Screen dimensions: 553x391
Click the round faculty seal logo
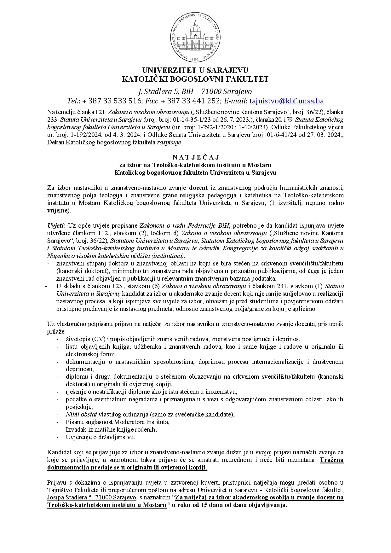[x=195, y=37]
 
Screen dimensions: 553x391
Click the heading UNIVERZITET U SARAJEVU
[x=195, y=70]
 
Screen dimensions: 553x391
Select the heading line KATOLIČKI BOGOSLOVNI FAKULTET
[x=195, y=79]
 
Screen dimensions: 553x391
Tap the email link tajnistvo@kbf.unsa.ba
[x=286, y=101]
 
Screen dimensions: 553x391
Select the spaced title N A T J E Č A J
[x=195, y=157]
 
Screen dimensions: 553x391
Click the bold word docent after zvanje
[x=198, y=188]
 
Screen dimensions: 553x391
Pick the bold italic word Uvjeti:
[x=56, y=226]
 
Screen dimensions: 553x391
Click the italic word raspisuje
[x=169, y=143]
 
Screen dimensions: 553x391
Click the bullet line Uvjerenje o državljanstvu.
[x=100, y=437]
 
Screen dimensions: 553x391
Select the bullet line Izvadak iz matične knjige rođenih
[x=111, y=429]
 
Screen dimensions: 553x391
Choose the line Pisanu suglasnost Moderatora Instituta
[x=118, y=422]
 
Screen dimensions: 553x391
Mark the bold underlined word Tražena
[x=331, y=460]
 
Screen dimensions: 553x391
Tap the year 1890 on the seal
[x=195, y=59]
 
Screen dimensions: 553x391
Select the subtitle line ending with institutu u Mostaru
[x=195, y=165]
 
